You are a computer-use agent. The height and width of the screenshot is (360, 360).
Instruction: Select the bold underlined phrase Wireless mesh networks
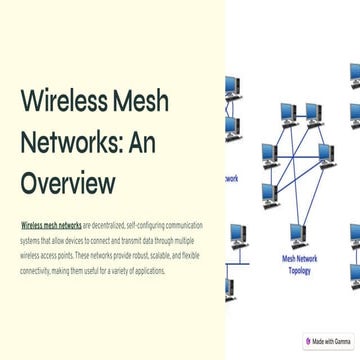coord(51,227)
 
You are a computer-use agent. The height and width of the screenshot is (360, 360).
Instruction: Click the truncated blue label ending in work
coord(229,179)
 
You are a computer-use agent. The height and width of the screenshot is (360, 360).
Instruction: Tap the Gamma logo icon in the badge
coord(309,341)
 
